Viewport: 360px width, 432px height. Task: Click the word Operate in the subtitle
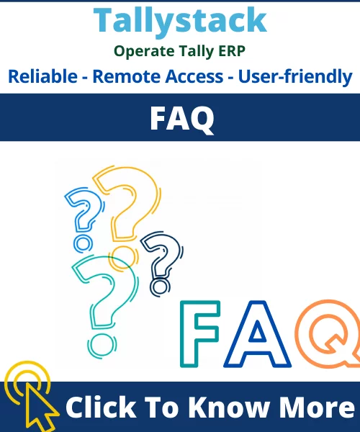click(144, 52)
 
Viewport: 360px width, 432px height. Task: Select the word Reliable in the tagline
click(42, 76)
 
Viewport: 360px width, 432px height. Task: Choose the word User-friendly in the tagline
click(295, 77)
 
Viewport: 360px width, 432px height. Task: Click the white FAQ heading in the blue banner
click(181, 119)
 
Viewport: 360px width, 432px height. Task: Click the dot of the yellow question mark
click(123, 258)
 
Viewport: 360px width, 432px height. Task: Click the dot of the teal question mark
click(102, 346)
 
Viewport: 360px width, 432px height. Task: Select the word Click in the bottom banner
click(101, 408)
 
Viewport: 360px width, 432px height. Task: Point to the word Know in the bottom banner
click(229, 408)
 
